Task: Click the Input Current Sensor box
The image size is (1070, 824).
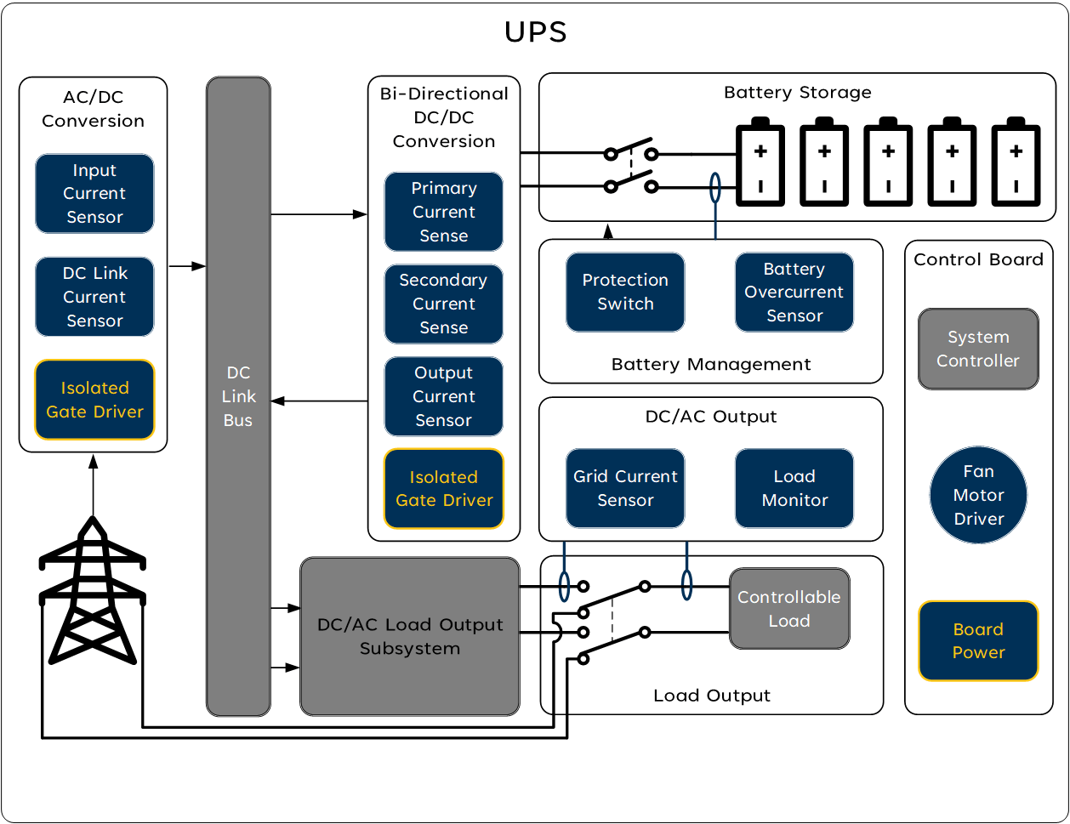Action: click(x=94, y=194)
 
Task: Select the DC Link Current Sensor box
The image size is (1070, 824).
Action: click(x=94, y=297)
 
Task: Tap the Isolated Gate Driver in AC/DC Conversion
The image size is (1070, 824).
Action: click(x=94, y=400)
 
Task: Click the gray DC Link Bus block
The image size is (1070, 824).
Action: click(x=238, y=396)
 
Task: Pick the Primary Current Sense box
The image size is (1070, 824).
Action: click(x=443, y=212)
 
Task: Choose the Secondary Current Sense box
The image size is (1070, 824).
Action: click(x=443, y=304)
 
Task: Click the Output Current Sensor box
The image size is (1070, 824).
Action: click(x=443, y=396)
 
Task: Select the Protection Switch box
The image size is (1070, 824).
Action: click(x=625, y=292)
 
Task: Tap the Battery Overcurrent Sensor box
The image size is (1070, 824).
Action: click(x=794, y=292)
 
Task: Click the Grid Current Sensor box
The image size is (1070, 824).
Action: click(x=625, y=488)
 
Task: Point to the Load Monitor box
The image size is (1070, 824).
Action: click(x=794, y=488)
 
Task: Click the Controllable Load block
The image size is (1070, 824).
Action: click(x=789, y=609)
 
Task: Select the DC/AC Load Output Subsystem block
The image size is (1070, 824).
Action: click(x=409, y=636)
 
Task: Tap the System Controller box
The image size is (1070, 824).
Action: click(x=978, y=349)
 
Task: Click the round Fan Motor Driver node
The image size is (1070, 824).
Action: click(x=978, y=495)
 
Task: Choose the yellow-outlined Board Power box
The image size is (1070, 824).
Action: click(x=978, y=641)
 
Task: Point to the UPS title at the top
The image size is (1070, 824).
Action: click(x=535, y=32)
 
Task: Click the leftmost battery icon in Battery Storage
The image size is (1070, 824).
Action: click(x=760, y=163)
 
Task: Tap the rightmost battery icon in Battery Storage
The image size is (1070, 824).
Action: click(x=1016, y=163)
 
